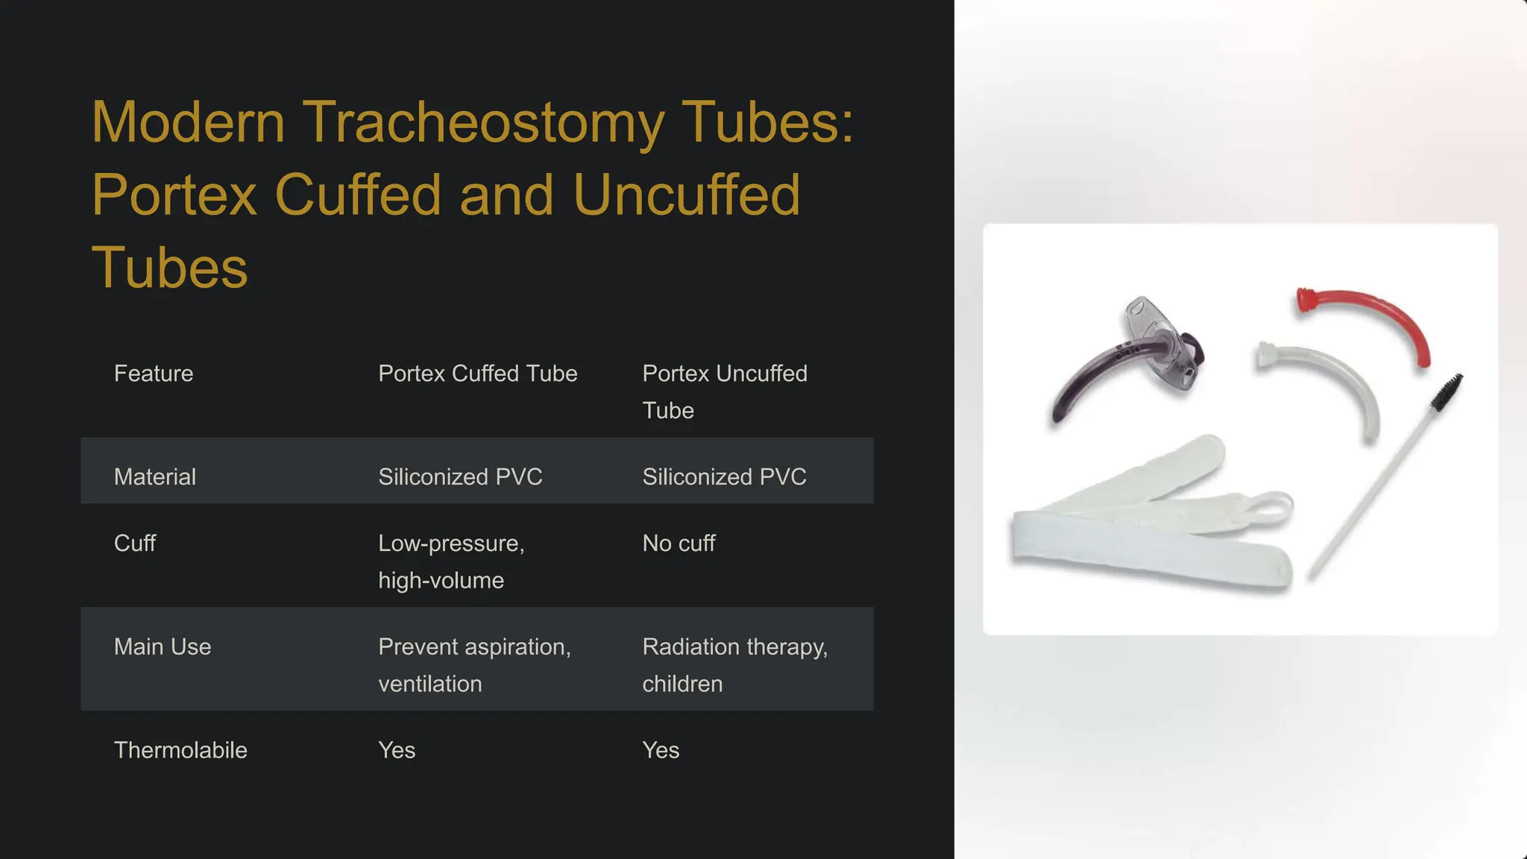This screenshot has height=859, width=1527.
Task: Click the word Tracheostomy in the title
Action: pyautogui.click(x=482, y=123)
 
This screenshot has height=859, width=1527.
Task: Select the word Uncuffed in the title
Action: pyautogui.click(x=686, y=195)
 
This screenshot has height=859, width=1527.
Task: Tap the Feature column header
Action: pyautogui.click(x=154, y=374)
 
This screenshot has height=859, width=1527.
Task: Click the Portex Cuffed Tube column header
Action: pyautogui.click(x=477, y=374)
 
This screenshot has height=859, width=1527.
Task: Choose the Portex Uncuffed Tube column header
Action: pyautogui.click(x=724, y=391)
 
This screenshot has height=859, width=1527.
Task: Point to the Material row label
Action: pyautogui.click(x=155, y=477)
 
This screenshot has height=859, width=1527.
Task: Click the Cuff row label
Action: pyautogui.click(x=135, y=544)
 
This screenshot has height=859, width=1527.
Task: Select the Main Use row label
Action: pyautogui.click(x=163, y=647)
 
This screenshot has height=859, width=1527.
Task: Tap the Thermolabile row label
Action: pyautogui.click(x=180, y=750)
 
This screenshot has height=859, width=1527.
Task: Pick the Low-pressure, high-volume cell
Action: pyautogui.click(x=451, y=561)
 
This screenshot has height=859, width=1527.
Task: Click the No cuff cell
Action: pyautogui.click(x=679, y=544)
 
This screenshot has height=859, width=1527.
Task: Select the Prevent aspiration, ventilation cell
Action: pyautogui.click(x=474, y=665)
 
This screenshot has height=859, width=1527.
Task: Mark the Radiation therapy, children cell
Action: pyautogui.click(x=734, y=665)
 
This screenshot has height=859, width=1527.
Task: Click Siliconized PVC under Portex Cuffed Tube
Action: pyautogui.click(x=460, y=477)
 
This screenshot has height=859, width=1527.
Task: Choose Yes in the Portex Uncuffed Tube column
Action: pyautogui.click(x=661, y=750)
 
